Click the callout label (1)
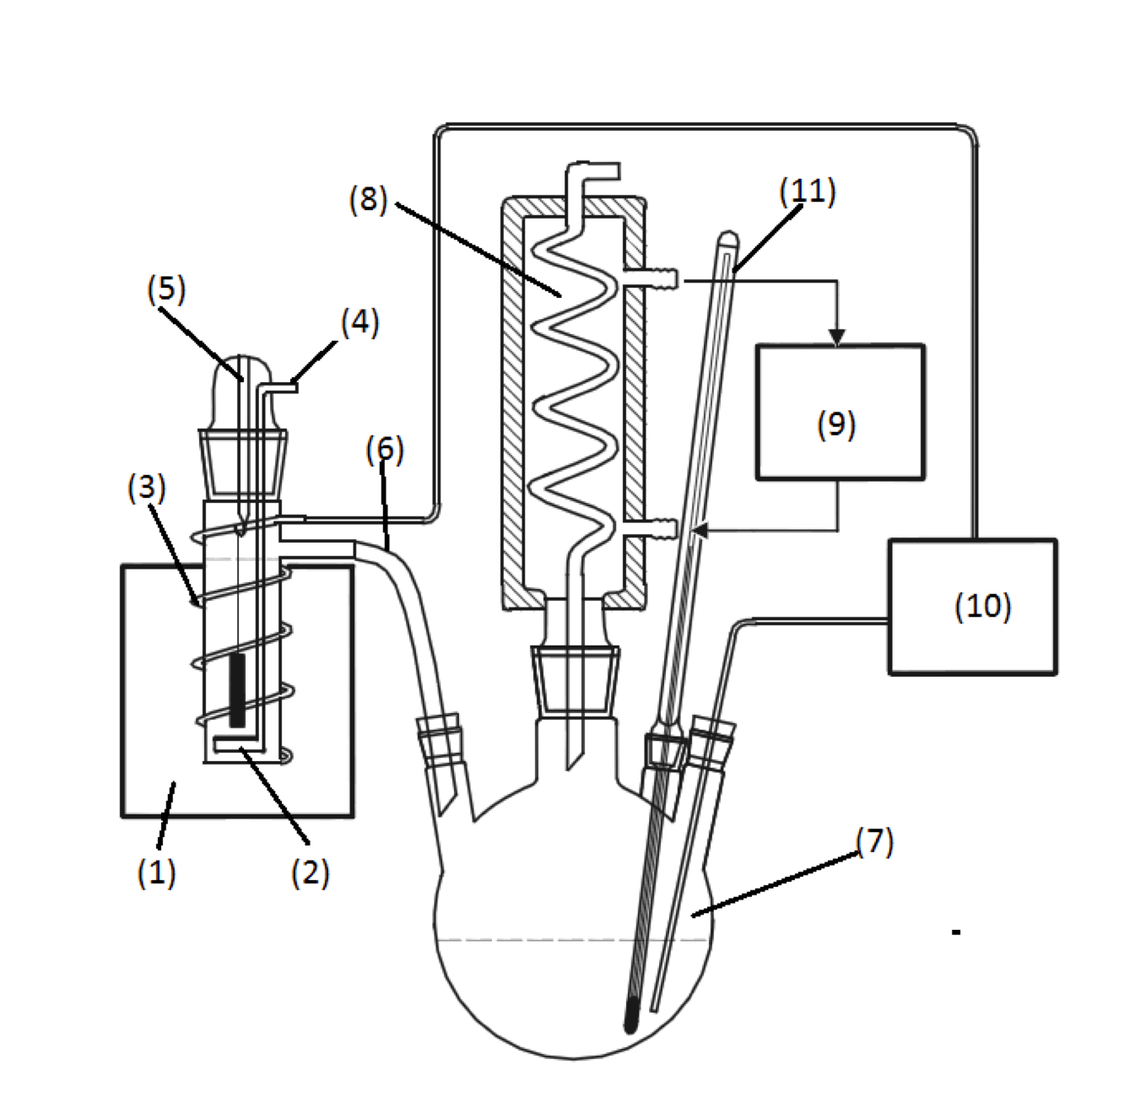tap(157, 872)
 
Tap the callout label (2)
tap(311, 873)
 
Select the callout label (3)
tap(147, 488)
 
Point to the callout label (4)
tap(359, 322)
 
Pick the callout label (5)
tap(166, 289)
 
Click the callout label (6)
tap(385, 450)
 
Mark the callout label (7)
tap(875, 841)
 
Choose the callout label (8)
tap(369, 199)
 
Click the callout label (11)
tap(808, 192)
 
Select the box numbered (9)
tap(841, 412)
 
